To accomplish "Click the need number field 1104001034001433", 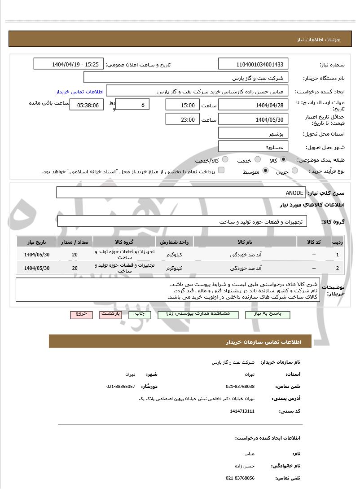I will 253,64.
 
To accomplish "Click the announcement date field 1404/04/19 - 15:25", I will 69,64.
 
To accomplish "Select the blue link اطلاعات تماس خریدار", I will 80,92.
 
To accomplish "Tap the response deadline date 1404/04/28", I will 253,105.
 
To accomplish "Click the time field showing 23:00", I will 182,119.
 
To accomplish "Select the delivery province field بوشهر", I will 253,133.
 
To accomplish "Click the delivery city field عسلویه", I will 253,147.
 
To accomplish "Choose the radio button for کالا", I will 283,159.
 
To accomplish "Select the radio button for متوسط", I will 265,171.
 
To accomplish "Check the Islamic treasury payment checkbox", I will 221,171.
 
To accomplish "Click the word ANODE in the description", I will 294,193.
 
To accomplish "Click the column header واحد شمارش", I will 174,242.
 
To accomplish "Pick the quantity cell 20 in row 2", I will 75,268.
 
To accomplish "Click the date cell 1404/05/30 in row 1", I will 37,255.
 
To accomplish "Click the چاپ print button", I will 140,314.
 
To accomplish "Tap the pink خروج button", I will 81,314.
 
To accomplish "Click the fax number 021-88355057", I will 121,387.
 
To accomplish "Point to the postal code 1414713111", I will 242,411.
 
